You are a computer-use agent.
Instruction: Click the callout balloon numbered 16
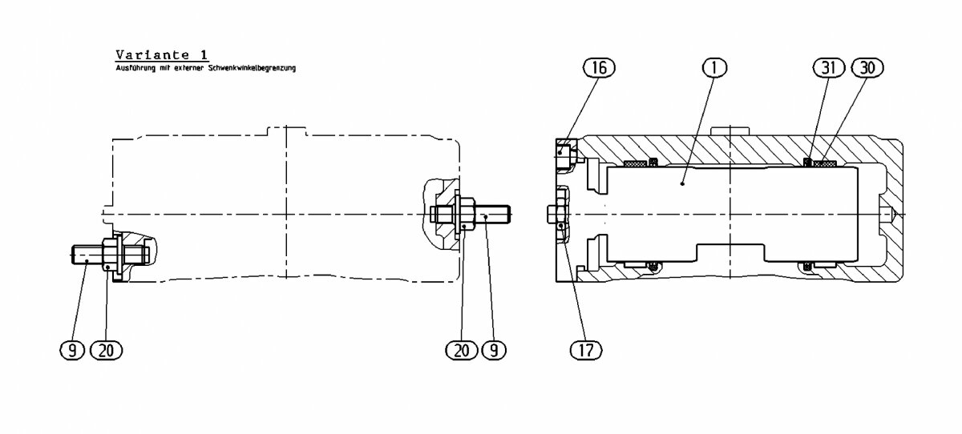[599, 67]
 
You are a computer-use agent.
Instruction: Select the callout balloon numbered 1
[714, 67]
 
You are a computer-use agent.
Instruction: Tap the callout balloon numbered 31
[828, 67]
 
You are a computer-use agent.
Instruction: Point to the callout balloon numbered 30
[867, 67]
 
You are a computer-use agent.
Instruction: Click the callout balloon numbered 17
[586, 351]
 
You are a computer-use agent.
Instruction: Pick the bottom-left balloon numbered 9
[72, 351]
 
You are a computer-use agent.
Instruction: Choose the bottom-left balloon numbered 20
[106, 351]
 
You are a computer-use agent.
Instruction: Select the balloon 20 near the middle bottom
[462, 351]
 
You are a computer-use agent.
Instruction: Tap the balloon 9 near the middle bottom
[494, 351]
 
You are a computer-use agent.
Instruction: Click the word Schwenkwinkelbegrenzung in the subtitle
[252, 68]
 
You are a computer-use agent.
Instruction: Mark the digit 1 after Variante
[204, 55]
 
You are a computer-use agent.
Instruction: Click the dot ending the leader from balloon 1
[682, 183]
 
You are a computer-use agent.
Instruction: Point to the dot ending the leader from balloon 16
[560, 152]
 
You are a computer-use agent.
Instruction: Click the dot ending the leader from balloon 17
[560, 225]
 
